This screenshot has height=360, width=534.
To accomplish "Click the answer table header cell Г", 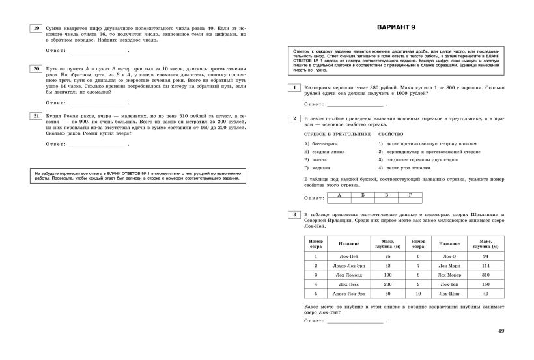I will (409, 195).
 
